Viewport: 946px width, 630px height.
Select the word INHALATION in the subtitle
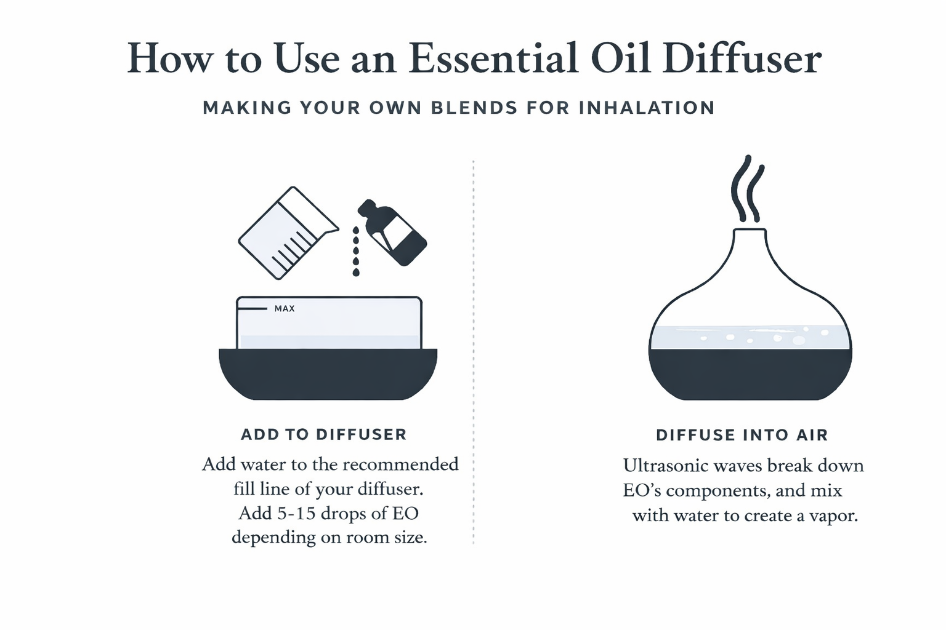[x=647, y=108]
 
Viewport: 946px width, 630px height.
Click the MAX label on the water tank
[x=285, y=308]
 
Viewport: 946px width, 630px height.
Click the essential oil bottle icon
[x=392, y=232]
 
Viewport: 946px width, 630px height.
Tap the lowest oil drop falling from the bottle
[x=356, y=272]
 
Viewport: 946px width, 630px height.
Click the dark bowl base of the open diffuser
[x=328, y=374]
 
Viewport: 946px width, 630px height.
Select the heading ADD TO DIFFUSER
[x=323, y=434]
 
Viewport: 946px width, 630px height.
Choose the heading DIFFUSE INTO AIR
[x=742, y=435]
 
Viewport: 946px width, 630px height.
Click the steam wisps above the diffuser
[x=748, y=189]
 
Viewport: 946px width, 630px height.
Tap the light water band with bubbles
[x=750, y=337]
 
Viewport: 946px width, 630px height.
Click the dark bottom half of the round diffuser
[x=750, y=374]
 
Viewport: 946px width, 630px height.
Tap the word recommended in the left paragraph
[x=400, y=464]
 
